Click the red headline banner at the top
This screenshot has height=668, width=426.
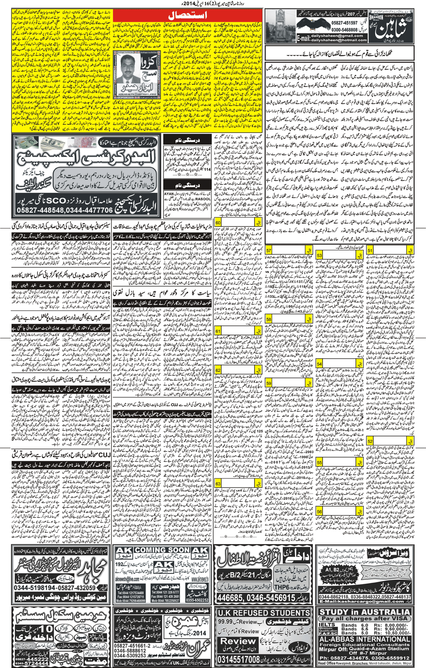[187, 15]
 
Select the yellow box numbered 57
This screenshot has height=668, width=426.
[269, 250]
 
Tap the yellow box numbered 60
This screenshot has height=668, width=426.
[218, 222]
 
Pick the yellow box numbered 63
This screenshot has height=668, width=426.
[218, 484]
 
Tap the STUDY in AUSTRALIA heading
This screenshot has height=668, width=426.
[364, 612]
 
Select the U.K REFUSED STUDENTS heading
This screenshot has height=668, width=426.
[264, 613]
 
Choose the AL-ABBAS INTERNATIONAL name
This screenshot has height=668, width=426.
[364, 639]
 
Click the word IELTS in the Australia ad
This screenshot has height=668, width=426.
[327, 625]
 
